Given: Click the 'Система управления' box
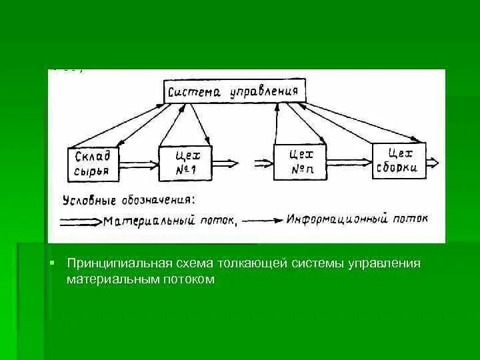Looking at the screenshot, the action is [235, 91].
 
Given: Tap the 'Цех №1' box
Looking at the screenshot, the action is [184, 162].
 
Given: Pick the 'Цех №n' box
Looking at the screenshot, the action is [301, 161].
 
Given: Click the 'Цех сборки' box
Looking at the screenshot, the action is [399, 160].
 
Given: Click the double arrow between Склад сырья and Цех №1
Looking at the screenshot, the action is [139, 163].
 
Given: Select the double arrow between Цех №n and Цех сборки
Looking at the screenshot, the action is [349, 161].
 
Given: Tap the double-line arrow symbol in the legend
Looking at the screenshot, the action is [81, 222].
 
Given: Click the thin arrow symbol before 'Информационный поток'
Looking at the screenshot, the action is [263, 221].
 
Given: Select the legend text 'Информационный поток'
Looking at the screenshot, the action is [357, 219].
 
